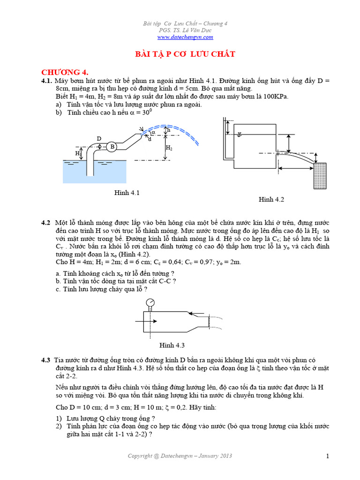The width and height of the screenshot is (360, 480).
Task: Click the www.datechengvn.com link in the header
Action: [185, 37]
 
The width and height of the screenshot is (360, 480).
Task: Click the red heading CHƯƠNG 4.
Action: [65, 72]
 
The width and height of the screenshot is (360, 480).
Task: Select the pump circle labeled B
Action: [112, 147]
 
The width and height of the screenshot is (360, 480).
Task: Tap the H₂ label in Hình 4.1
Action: [169, 148]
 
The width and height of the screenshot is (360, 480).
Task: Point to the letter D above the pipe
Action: [99, 139]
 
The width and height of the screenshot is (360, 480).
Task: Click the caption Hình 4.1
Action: [127, 193]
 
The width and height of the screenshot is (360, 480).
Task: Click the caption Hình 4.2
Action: [271, 200]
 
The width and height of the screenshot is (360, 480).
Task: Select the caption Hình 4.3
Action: [172, 345]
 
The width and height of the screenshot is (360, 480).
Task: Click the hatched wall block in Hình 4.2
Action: [320, 175]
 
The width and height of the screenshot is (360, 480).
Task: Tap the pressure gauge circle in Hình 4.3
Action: [150, 302]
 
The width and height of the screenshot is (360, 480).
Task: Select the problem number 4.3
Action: [45, 360]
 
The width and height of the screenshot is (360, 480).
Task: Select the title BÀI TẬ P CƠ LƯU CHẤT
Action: [185, 55]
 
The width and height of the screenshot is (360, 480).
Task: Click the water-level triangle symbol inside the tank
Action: [240, 134]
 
